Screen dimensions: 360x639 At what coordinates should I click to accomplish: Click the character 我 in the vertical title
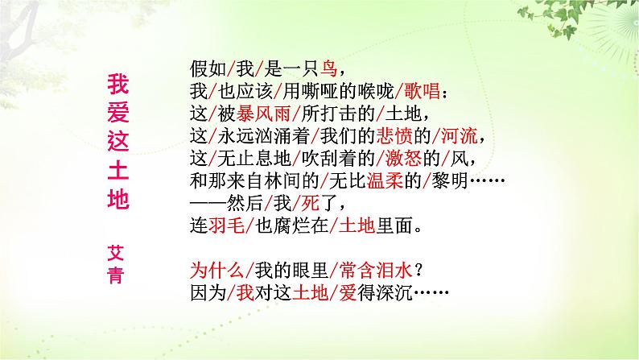pyautogui.click(x=117, y=84)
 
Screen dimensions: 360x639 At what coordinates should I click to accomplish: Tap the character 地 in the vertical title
pyautogui.click(x=117, y=199)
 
